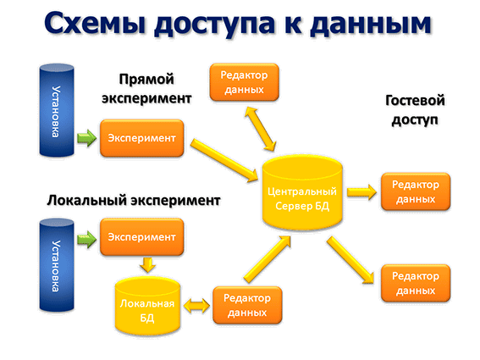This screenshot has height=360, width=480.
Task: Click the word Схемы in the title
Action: point(95,23)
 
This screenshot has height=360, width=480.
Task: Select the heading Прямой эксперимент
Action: point(146,89)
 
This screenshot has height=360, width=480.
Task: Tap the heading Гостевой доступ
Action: point(415,110)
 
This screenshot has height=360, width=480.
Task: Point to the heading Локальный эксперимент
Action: point(134,201)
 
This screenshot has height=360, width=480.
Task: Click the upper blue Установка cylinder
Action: point(57,110)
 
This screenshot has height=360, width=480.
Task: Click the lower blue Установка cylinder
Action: point(57,265)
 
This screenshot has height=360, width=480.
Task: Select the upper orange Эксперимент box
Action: point(142,138)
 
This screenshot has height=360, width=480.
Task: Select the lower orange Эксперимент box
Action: point(142,237)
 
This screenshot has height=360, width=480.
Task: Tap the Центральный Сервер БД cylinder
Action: point(302,192)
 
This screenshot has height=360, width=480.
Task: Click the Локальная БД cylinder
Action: point(147,306)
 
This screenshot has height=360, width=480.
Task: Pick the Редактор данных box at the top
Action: point(245,82)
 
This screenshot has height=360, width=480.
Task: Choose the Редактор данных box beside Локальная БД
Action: point(247,305)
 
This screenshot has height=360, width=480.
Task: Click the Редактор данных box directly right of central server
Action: point(416,191)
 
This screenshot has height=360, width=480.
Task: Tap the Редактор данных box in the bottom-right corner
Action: point(416,283)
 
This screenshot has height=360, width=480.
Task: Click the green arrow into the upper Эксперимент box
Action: point(86,138)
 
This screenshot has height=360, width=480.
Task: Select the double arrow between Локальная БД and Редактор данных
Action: point(197,306)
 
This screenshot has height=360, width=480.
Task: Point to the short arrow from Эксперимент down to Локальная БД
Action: point(148,265)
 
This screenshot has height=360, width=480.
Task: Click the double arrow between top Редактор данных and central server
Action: point(261,129)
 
